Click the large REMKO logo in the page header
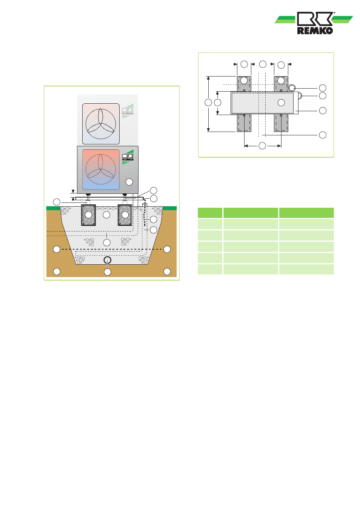tap(314, 23)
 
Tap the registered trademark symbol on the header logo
tap(334, 13)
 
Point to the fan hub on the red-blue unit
tap(100, 169)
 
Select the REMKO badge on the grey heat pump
tap(128, 157)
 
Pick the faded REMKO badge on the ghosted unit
tap(128, 111)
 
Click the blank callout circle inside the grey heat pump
tap(129, 182)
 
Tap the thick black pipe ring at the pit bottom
tap(108, 260)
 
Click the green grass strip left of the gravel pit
tap(53, 208)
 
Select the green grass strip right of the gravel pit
tap(170, 208)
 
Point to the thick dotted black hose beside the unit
tap(145, 215)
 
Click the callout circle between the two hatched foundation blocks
tap(106, 215)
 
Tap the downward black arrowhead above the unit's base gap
tap(73, 191)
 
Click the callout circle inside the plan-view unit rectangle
tap(281, 103)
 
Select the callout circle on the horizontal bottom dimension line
tap(262, 146)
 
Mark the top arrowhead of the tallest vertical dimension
tap(208, 78)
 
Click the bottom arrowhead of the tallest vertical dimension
tap(208, 130)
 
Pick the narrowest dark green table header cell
tap(210, 213)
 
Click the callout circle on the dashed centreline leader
tap(323, 135)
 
